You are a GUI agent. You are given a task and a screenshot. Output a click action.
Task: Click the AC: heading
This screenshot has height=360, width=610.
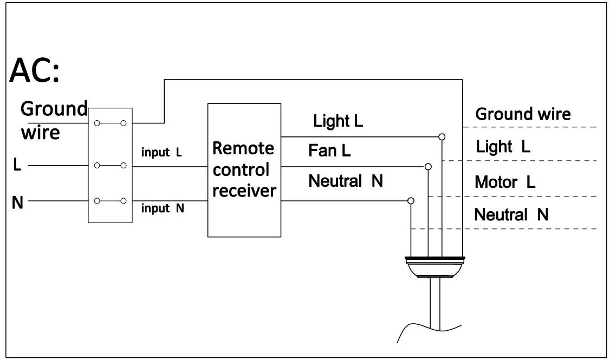(35, 70)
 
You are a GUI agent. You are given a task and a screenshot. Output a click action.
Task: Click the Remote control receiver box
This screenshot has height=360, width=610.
(244, 171)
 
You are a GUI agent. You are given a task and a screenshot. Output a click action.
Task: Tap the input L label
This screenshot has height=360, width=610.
(161, 152)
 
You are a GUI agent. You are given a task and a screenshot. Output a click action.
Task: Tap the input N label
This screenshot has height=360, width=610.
(163, 208)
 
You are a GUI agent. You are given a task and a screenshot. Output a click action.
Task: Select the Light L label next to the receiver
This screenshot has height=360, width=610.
(338, 121)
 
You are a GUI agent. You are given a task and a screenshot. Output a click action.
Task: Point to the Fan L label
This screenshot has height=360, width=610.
(329, 150)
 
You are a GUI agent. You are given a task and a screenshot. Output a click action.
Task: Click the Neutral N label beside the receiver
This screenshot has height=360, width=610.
(346, 181)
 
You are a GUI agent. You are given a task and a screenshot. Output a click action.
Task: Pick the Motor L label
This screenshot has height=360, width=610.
(505, 182)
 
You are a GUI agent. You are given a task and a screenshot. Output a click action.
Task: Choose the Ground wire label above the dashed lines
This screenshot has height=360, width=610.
(523, 114)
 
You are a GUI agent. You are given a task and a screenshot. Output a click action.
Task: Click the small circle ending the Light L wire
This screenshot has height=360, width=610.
(442, 137)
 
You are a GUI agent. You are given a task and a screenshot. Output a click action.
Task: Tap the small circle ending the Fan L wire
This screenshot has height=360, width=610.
(429, 167)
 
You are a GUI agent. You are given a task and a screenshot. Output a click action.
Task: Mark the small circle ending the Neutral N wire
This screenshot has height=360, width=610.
(411, 201)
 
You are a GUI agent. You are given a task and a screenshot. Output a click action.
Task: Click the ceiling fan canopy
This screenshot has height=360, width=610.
(435, 267)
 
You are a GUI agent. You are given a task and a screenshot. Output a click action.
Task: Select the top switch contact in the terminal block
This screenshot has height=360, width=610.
(111, 123)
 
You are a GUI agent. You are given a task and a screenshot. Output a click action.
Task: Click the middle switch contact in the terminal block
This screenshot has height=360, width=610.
(111, 166)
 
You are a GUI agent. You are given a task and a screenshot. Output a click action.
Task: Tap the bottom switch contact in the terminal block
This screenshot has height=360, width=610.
(111, 201)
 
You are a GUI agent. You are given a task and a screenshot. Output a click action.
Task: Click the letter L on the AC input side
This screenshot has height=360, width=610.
(17, 165)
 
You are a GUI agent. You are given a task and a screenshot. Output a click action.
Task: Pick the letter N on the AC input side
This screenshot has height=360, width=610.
(17, 202)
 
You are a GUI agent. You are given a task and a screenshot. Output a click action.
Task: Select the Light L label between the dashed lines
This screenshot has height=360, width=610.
(503, 147)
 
